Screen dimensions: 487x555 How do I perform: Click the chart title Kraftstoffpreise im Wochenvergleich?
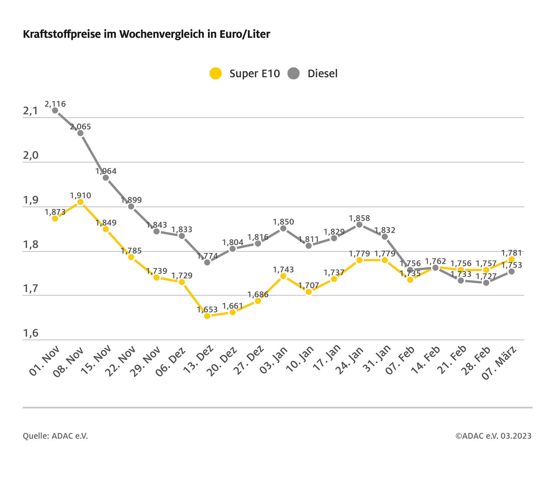pyautogui.click(x=146, y=34)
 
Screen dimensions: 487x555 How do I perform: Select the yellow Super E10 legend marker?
pyautogui.click(x=216, y=73)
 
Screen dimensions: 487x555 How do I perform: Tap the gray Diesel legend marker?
pyautogui.click(x=293, y=73)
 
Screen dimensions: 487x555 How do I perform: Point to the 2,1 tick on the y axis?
pyautogui.click(x=30, y=111)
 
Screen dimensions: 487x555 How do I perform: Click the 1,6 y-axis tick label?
pyautogui.click(x=30, y=333)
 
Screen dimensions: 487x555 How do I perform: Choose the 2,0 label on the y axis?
pyautogui.click(x=30, y=156)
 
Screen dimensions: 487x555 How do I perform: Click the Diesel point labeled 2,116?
pyautogui.click(x=55, y=110)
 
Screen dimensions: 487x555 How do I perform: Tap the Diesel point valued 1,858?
pyautogui.click(x=359, y=225)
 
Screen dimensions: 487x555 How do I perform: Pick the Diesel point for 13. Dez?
pyautogui.click(x=207, y=262)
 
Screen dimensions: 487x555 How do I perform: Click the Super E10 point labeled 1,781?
pyautogui.click(x=512, y=259)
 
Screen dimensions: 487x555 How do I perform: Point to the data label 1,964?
pyautogui.click(x=106, y=171)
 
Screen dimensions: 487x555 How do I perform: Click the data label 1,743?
pyautogui.click(x=283, y=270)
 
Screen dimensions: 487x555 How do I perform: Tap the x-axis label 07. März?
pyautogui.click(x=499, y=363)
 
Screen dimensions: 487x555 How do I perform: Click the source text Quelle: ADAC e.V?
pyautogui.click(x=55, y=436)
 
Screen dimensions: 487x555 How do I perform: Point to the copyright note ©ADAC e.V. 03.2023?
pyautogui.click(x=493, y=436)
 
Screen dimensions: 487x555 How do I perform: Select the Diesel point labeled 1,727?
pyautogui.click(x=486, y=283)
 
